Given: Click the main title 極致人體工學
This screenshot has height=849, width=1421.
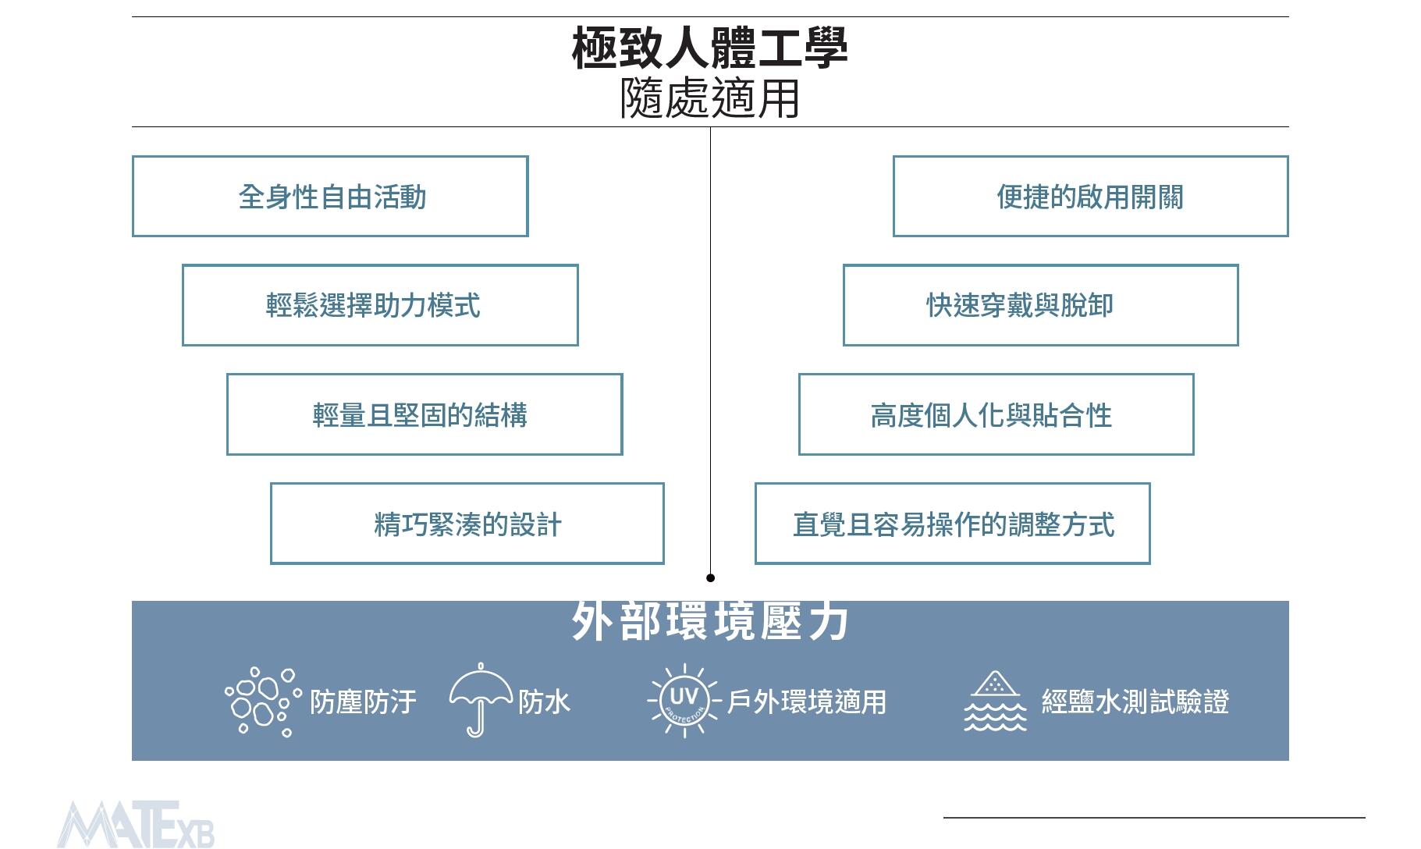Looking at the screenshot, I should (x=709, y=48).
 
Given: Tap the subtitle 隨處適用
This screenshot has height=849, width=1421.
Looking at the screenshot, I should (x=709, y=99).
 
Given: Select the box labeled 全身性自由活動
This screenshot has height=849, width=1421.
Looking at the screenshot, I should (x=330, y=197).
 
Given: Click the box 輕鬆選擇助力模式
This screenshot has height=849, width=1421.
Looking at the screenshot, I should (x=380, y=305).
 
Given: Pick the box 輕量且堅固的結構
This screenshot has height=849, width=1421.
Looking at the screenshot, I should (x=425, y=414).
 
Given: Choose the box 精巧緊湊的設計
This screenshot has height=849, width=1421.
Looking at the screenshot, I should (x=467, y=524).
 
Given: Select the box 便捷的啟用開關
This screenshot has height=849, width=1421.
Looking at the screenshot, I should (x=1090, y=197).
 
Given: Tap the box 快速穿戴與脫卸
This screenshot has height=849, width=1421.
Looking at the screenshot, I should (x=1040, y=305).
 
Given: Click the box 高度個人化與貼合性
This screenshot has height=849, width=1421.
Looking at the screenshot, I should (x=996, y=414).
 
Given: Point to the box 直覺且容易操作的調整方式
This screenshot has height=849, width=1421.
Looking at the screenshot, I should (x=952, y=524).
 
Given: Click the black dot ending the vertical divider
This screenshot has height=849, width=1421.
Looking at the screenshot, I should (x=710, y=578).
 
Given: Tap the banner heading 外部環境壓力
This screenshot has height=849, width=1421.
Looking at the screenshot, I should (x=709, y=622).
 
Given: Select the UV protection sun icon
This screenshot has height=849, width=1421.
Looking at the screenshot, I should (x=684, y=699).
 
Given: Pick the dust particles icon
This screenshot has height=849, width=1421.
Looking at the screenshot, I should (x=262, y=701).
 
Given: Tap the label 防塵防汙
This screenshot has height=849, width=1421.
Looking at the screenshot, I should (x=363, y=702).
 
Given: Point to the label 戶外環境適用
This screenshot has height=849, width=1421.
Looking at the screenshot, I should (x=806, y=702).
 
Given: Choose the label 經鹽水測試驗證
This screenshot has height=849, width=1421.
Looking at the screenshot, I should (x=1135, y=702).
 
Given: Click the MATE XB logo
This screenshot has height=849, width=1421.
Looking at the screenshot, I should (x=136, y=825).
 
